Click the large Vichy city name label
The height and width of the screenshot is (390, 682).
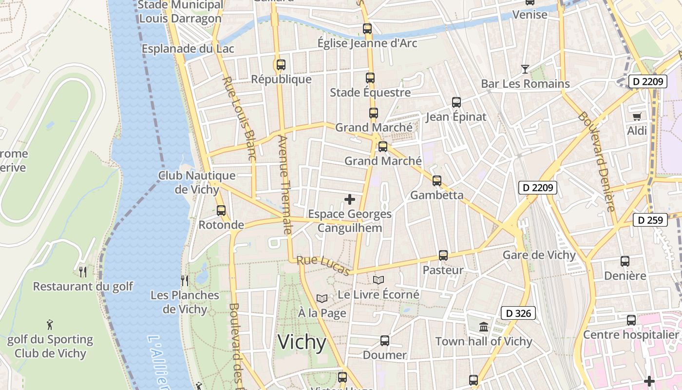pyautogui.click(x=302, y=343)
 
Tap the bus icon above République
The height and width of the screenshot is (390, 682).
pyautogui.click(x=281, y=64)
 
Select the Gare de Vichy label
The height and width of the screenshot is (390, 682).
pyautogui.click(x=539, y=255)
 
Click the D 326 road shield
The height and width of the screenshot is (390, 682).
pyautogui.click(x=518, y=313)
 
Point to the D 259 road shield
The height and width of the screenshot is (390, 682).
pyautogui.click(x=650, y=220)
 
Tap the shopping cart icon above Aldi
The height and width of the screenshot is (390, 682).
pyautogui.click(x=637, y=117)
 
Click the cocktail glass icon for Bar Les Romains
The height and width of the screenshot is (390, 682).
pyautogui.click(x=525, y=69)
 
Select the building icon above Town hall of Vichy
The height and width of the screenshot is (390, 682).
pyautogui.click(x=484, y=327)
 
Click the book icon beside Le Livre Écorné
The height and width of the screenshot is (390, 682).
pyautogui.click(x=379, y=280)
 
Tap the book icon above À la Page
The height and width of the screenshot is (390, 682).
pyautogui.click(x=322, y=298)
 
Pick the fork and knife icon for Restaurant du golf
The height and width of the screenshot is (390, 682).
pyautogui.click(x=83, y=272)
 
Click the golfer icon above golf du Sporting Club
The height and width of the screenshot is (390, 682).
pyautogui.click(x=50, y=324)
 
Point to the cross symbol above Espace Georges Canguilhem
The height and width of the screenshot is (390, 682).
pyautogui.click(x=350, y=199)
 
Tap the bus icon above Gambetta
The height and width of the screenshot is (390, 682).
pyautogui.click(x=437, y=180)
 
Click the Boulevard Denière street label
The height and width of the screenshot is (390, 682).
pyautogui.click(x=597, y=161)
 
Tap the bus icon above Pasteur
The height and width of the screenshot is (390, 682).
pyautogui.click(x=443, y=255)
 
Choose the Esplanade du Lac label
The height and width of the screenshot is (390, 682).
pyautogui.click(x=188, y=49)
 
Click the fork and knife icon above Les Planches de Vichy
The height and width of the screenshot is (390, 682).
pyautogui.click(x=185, y=280)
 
